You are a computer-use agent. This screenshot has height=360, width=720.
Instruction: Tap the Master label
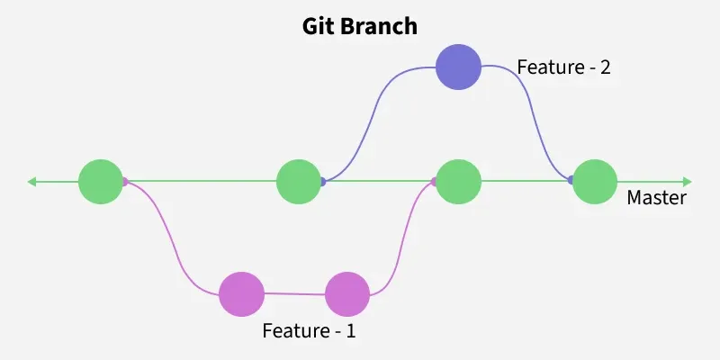tap(656, 198)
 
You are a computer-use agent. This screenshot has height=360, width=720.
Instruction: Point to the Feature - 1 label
tap(309, 330)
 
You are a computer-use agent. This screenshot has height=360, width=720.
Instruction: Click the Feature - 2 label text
tap(563, 67)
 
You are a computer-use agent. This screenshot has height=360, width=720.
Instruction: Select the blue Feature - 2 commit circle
tap(458, 67)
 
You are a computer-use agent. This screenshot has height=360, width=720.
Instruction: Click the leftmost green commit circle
tap(101, 182)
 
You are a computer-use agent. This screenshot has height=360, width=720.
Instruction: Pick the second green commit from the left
tap(300, 182)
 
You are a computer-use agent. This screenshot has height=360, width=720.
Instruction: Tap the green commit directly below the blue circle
tap(458, 182)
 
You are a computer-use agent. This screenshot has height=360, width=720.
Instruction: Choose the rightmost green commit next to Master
tap(595, 182)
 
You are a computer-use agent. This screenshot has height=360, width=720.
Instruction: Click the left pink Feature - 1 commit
tap(241, 293)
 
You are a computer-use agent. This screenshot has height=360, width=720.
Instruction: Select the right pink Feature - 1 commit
tap(347, 294)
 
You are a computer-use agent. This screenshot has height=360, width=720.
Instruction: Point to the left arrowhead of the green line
tap(32, 182)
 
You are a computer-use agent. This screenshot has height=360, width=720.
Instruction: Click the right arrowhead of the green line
tap(688, 182)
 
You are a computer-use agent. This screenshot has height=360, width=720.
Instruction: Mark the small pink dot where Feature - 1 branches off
tap(125, 182)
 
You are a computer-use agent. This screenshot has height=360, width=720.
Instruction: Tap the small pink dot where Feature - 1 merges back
tap(434, 182)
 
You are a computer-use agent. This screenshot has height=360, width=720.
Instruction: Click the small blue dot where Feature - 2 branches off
tap(323, 182)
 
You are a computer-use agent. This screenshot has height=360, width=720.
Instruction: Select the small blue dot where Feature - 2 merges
tap(571, 182)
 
